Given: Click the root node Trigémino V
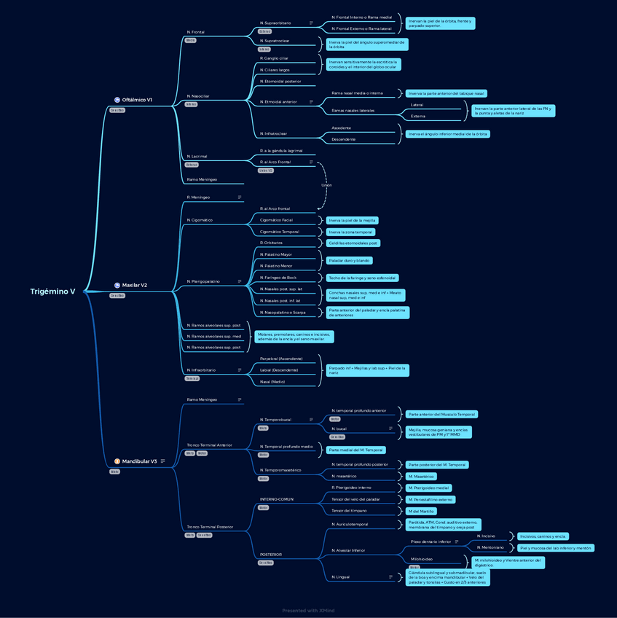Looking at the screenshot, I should click(x=52, y=292).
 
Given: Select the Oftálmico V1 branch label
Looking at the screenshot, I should click(x=137, y=100).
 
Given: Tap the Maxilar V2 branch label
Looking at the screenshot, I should click(x=135, y=285).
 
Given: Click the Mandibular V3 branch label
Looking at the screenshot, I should click(x=139, y=461).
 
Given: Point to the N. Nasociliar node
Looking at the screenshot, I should click(x=197, y=96).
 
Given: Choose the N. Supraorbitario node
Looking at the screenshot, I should click(x=275, y=23).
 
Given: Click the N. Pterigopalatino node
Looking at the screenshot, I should click(x=203, y=281).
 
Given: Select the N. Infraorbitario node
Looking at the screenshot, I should click(x=201, y=370).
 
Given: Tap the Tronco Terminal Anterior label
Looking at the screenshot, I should click(x=209, y=445).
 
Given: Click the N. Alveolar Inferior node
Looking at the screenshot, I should click(x=348, y=550).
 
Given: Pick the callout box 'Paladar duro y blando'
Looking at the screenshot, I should click(x=349, y=260).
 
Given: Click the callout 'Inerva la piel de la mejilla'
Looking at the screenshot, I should click(x=351, y=220).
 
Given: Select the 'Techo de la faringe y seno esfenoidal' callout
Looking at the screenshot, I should click(x=361, y=278).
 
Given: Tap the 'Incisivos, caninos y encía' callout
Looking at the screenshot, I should click(x=541, y=536).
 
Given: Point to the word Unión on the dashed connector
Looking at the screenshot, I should click(x=326, y=185).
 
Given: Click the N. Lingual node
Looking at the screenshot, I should click(x=340, y=577).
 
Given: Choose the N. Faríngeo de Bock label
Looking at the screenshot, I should click(x=278, y=278).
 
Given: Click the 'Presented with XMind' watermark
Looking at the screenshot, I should click(x=308, y=611).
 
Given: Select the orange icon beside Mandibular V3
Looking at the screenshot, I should click(x=117, y=461).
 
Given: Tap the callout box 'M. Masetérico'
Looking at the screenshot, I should click(x=422, y=477).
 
